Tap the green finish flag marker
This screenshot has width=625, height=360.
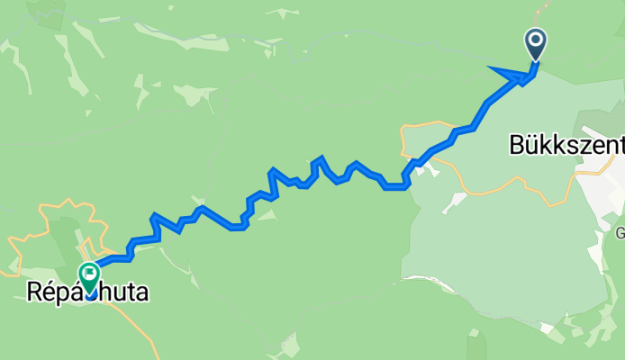90,274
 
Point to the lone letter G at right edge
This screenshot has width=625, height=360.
620,234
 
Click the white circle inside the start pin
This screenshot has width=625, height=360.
535,39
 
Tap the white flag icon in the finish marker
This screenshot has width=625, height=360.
90,271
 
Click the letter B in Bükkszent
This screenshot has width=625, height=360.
517,144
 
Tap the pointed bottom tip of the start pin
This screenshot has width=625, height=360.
535,59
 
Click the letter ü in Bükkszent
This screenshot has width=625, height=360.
534,144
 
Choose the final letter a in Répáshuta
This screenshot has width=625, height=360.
141,292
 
